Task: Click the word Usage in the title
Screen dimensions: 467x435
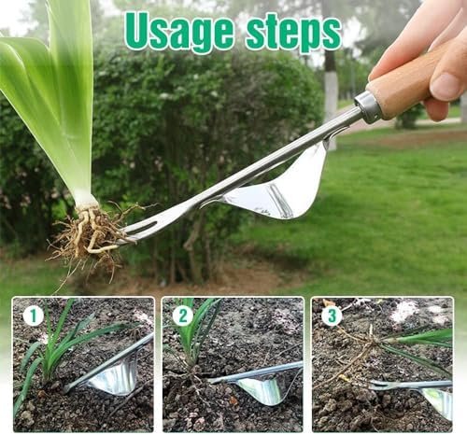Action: pyautogui.click(x=179, y=34)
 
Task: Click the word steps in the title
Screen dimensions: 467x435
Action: pyautogui.click(x=293, y=34)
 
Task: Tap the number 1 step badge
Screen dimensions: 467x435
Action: pyautogui.click(x=33, y=316)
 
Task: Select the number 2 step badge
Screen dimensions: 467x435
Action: pyautogui.click(x=183, y=316)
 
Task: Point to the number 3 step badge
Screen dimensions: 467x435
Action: pyautogui.click(x=333, y=316)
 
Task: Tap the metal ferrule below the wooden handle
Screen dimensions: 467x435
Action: pyautogui.click(x=367, y=106)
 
